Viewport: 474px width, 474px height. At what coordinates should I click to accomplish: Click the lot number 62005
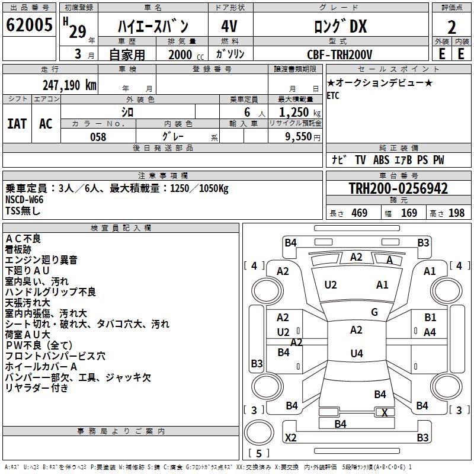click(x=28, y=25)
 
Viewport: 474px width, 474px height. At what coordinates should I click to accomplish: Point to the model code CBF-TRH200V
click(x=340, y=55)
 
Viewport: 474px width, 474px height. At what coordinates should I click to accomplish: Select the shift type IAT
click(x=17, y=124)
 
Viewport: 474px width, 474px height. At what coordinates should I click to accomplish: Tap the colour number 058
click(x=98, y=137)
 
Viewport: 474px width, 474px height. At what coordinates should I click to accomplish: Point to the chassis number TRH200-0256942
click(x=398, y=189)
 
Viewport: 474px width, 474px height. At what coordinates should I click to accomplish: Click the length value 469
click(x=359, y=213)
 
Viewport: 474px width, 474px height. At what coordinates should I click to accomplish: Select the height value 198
click(x=457, y=213)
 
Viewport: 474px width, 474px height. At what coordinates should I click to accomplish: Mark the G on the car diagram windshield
click(x=374, y=312)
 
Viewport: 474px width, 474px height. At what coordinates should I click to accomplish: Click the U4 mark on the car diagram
click(x=356, y=354)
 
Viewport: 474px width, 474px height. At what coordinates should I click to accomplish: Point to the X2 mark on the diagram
click(x=291, y=438)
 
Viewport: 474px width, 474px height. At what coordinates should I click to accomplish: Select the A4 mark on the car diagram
click(x=430, y=332)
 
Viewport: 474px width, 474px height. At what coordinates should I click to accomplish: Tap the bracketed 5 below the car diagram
click(x=258, y=454)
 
